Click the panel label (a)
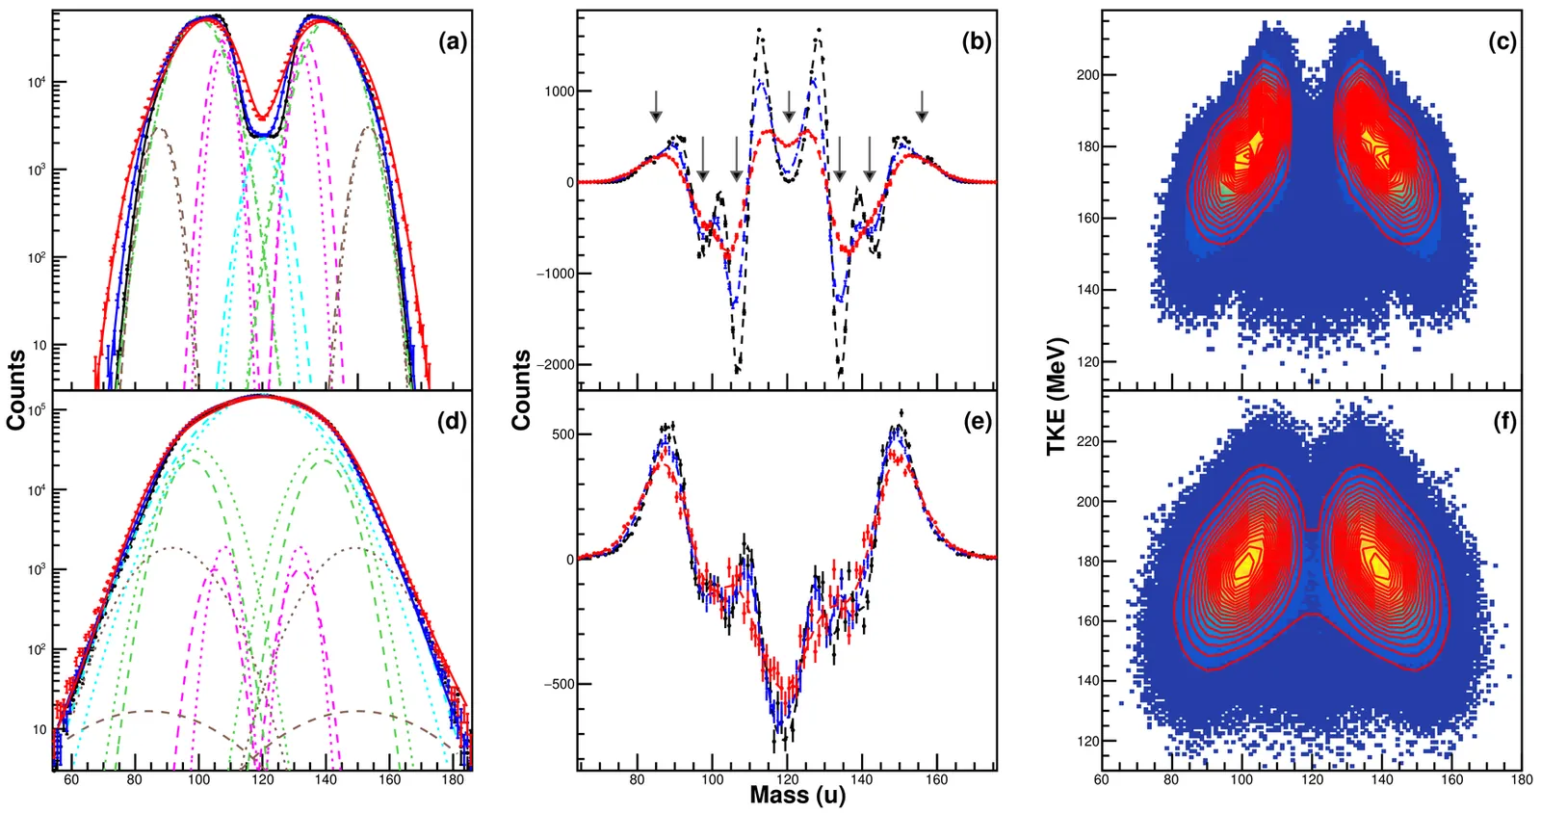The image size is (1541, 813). [x=453, y=41]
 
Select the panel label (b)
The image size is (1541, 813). [x=977, y=41]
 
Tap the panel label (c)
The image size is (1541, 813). [x=1502, y=41]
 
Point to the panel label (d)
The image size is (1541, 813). [x=453, y=421]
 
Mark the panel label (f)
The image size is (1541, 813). [x=1502, y=421]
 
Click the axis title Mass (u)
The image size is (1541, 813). [x=797, y=796]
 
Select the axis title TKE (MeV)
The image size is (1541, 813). [x=1057, y=396]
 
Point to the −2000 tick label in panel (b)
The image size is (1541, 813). [x=554, y=365]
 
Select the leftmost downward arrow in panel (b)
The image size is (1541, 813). [x=656, y=106]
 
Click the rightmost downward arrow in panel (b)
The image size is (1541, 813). [x=922, y=106]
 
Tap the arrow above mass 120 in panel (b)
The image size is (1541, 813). [x=789, y=106]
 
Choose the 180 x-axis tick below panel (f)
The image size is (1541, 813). [x=1522, y=779]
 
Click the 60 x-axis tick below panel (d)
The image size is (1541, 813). [x=71, y=779]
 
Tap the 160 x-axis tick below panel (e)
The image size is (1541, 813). [x=937, y=779]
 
